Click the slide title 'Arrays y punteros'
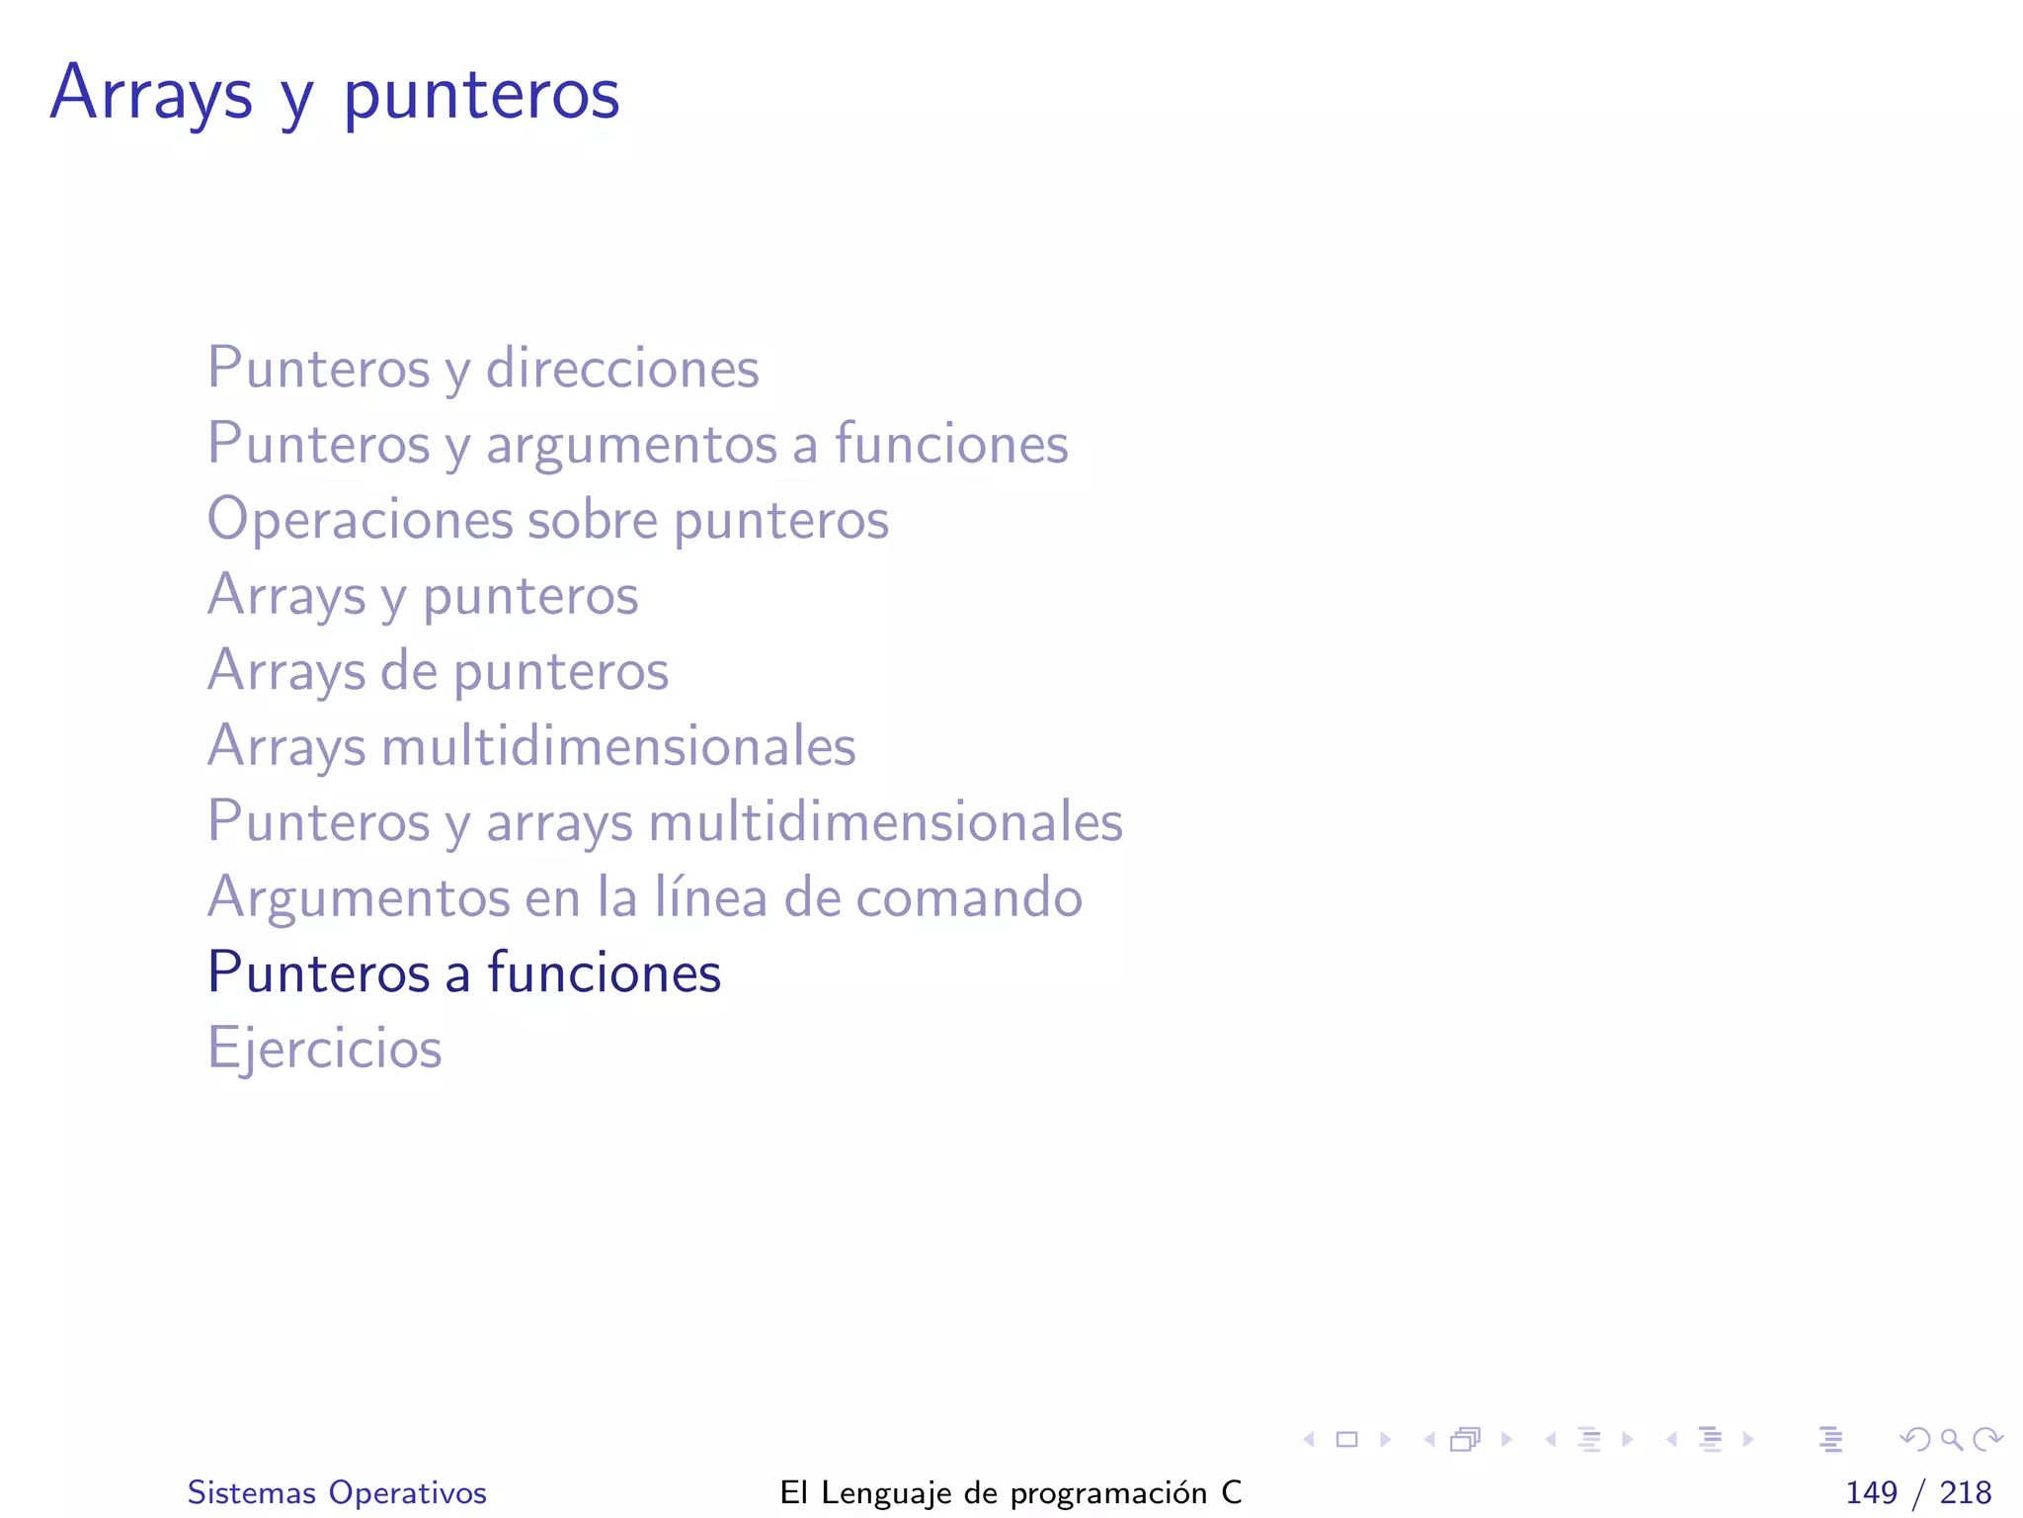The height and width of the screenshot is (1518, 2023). [334, 94]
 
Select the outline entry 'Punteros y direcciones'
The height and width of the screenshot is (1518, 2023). [483, 369]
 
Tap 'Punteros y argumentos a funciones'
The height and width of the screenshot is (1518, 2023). [637, 444]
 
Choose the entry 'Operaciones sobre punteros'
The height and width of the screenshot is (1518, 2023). [547, 520]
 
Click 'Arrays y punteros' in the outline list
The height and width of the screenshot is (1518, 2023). [423, 596]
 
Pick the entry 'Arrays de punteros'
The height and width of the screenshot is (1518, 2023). [438, 671]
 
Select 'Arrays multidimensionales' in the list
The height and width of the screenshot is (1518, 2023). [531, 746]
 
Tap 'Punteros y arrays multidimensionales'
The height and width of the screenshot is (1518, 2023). [665, 822]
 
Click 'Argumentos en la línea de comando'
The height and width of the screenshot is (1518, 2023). [644, 897]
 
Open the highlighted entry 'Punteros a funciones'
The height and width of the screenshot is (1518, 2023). [464, 972]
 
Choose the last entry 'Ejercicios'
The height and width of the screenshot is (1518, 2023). [324, 1049]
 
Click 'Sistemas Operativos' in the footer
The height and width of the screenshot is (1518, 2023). [337, 1492]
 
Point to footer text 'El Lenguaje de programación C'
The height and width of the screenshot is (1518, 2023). [1011, 1492]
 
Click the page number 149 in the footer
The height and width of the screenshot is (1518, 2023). [1871, 1492]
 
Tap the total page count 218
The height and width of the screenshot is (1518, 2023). [1965, 1492]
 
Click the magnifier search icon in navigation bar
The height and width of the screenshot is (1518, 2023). [1951, 1439]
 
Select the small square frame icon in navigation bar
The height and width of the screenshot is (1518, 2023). [1346, 1439]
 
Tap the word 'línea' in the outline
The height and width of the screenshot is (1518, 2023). [710, 897]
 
